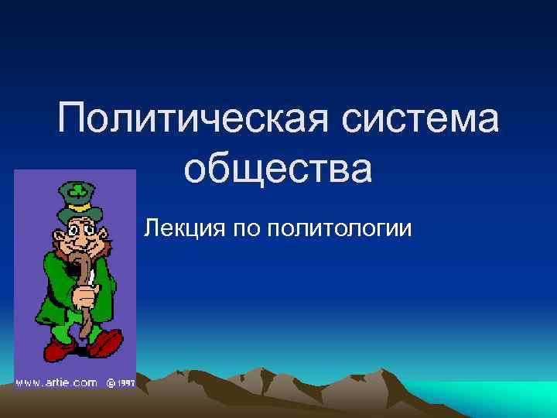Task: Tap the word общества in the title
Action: (278, 170)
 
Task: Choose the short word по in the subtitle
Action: (244, 228)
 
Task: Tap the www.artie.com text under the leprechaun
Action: (56, 382)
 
